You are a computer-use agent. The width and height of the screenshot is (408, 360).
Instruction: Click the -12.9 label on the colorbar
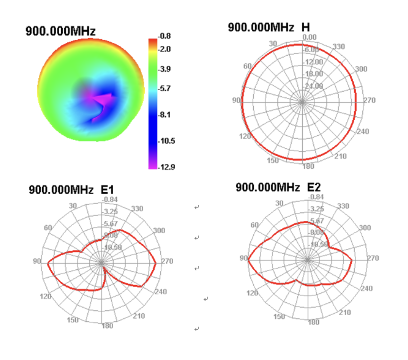click(167, 167)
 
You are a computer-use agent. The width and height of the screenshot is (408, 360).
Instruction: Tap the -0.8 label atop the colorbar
click(165, 36)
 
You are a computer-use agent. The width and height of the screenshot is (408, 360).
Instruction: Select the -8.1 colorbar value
click(165, 115)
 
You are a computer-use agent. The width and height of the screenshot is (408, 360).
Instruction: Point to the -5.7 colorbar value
click(165, 88)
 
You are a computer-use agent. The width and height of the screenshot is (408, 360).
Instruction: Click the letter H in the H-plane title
click(305, 27)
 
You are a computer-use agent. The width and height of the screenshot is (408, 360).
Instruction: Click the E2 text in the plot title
click(314, 187)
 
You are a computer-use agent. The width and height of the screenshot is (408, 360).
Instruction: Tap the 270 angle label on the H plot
click(369, 100)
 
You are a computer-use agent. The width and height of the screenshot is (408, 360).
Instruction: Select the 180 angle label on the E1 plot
click(107, 326)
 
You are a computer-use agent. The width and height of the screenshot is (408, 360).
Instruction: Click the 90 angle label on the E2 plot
click(243, 258)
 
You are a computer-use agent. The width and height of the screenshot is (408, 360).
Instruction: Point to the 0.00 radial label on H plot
click(310, 37)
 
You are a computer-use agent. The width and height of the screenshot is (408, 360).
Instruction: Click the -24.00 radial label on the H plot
click(314, 86)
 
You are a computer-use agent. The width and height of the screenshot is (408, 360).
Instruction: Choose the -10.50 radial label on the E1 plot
click(113, 247)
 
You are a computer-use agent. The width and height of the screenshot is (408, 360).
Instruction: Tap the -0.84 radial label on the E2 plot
click(316, 197)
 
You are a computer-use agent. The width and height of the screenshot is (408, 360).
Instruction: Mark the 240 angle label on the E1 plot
click(161, 292)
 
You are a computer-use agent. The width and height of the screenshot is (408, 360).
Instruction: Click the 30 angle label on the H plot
click(273, 44)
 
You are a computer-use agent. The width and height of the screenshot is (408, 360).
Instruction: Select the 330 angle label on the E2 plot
click(343, 206)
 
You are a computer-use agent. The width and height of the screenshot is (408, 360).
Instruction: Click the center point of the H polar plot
click(302, 102)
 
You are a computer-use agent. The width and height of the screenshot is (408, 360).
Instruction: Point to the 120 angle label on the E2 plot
click(252, 293)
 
